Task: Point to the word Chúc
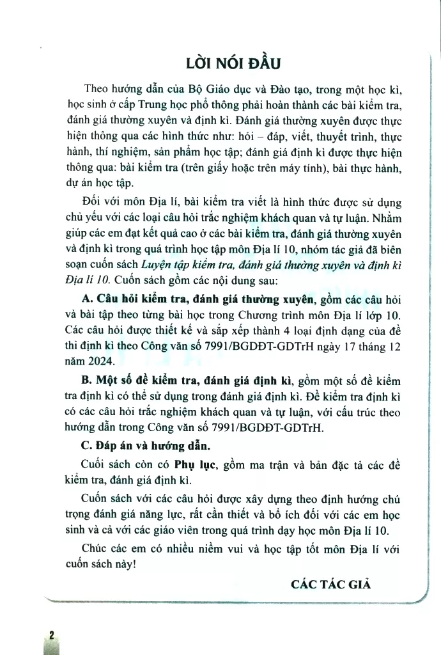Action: click(96, 547)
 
